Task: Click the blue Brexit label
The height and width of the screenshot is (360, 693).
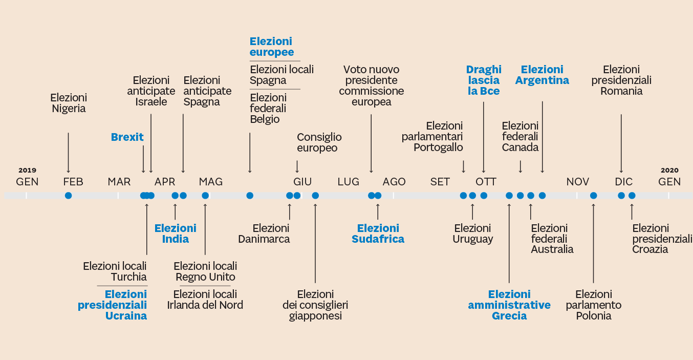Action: pyautogui.click(x=127, y=137)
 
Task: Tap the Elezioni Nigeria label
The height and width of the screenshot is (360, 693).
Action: pyautogui.click(x=69, y=103)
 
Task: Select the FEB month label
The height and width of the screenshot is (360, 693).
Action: pyautogui.click(x=73, y=182)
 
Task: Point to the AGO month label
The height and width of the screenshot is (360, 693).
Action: pyautogui.click(x=394, y=182)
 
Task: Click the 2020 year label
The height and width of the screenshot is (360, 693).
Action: pyautogui.click(x=669, y=171)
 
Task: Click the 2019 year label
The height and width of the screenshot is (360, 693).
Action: pyautogui.click(x=27, y=171)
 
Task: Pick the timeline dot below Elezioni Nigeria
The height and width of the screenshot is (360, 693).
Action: pyautogui.click(x=69, y=196)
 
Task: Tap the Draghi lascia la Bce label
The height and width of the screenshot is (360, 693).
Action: pyautogui.click(x=484, y=80)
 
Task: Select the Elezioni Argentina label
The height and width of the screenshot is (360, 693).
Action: pyautogui.click(x=542, y=75)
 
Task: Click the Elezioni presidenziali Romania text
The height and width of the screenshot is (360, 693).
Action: pyautogui.click(x=621, y=80)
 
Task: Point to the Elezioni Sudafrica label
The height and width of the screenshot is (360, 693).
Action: pyautogui.click(x=378, y=234)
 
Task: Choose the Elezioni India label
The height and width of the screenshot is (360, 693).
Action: pyautogui.click(x=176, y=234)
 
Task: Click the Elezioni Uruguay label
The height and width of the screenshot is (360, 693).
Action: pyautogui.click(x=472, y=234)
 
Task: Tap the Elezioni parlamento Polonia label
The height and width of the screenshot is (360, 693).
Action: pyautogui.click(x=594, y=305)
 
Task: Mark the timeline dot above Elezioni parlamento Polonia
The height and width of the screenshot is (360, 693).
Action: pyautogui.click(x=594, y=196)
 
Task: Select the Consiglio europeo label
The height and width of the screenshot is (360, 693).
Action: pyautogui.click(x=319, y=143)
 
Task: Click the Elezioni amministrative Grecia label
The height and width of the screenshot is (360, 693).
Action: pyautogui.click(x=509, y=305)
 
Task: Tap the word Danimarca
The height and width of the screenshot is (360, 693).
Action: pyautogui.click(x=264, y=239)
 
